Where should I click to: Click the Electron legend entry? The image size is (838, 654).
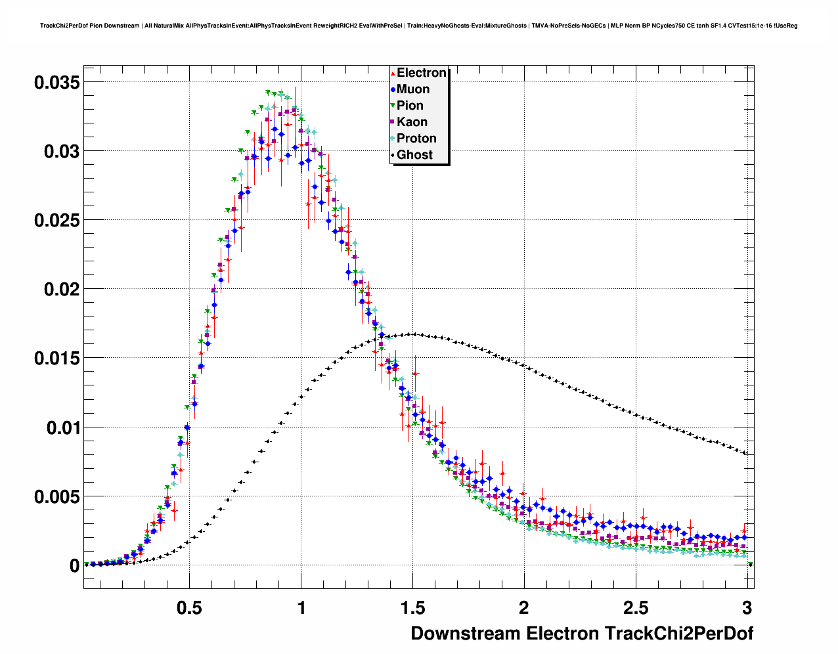click(x=421, y=73)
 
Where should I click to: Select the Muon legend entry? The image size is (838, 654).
click(x=412, y=89)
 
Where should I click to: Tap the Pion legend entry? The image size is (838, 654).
click(x=410, y=106)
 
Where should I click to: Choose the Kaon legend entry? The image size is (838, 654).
click(x=412, y=122)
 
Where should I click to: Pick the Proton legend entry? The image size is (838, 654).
click(x=416, y=139)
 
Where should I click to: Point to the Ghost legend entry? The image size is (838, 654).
click(x=414, y=155)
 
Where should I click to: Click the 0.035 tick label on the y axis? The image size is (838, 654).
click(x=56, y=82)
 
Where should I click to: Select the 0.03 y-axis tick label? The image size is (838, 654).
click(x=61, y=152)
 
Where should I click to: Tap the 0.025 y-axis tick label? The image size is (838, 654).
click(x=56, y=221)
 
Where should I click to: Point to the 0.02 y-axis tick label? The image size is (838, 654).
click(x=61, y=290)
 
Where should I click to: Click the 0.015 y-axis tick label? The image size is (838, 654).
click(x=56, y=359)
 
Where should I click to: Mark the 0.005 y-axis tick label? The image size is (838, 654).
click(x=56, y=497)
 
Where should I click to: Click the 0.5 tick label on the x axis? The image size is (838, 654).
click(x=189, y=608)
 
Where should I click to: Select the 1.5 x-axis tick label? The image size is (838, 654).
click(x=412, y=608)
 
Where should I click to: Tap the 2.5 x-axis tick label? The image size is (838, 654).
click(x=635, y=608)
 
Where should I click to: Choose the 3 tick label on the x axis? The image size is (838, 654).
click(x=747, y=608)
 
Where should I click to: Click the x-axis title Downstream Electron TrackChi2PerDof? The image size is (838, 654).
click(x=582, y=634)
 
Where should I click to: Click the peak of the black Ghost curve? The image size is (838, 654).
click(x=412, y=334)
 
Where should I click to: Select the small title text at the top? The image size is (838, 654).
click(x=418, y=26)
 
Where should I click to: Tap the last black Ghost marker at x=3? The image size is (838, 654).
click(x=745, y=452)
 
